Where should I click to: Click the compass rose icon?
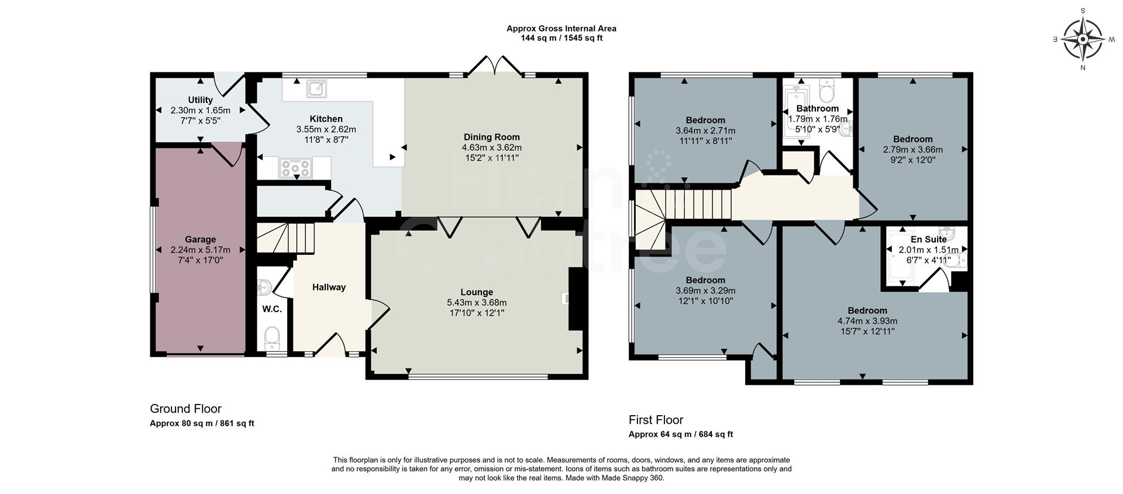pyautogui.click(x=1083, y=40)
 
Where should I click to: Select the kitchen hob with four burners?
pyautogui.click(x=295, y=168)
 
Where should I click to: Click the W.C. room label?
pyautogui.click(x=272, y=309)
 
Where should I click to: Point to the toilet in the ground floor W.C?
pyautogui.click(x=271, y=337)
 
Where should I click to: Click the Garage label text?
pyautogui.click(x=200, y=239)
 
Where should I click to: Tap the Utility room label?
pyautogui.click(x=200, y=100)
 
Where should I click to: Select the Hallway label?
pyautogui.click(x=329, y=287)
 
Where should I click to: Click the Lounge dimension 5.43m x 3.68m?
pyautogui.click(x=476, y=302)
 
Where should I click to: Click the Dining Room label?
pyautogui.click(x=491, y=137)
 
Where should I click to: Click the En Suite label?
pyautogui.click(x=928, y=239)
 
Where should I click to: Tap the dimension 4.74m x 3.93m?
pyautogui.click(x=867, y=321)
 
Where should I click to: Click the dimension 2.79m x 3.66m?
pyautogui.click(x=912, y=149)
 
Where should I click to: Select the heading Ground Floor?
pyautogui.click(x=185, y=409)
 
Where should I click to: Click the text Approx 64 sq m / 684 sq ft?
pyautogui.click(x=680, y=434)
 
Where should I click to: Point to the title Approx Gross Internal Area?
pyautogui.click(x=561, y=28)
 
